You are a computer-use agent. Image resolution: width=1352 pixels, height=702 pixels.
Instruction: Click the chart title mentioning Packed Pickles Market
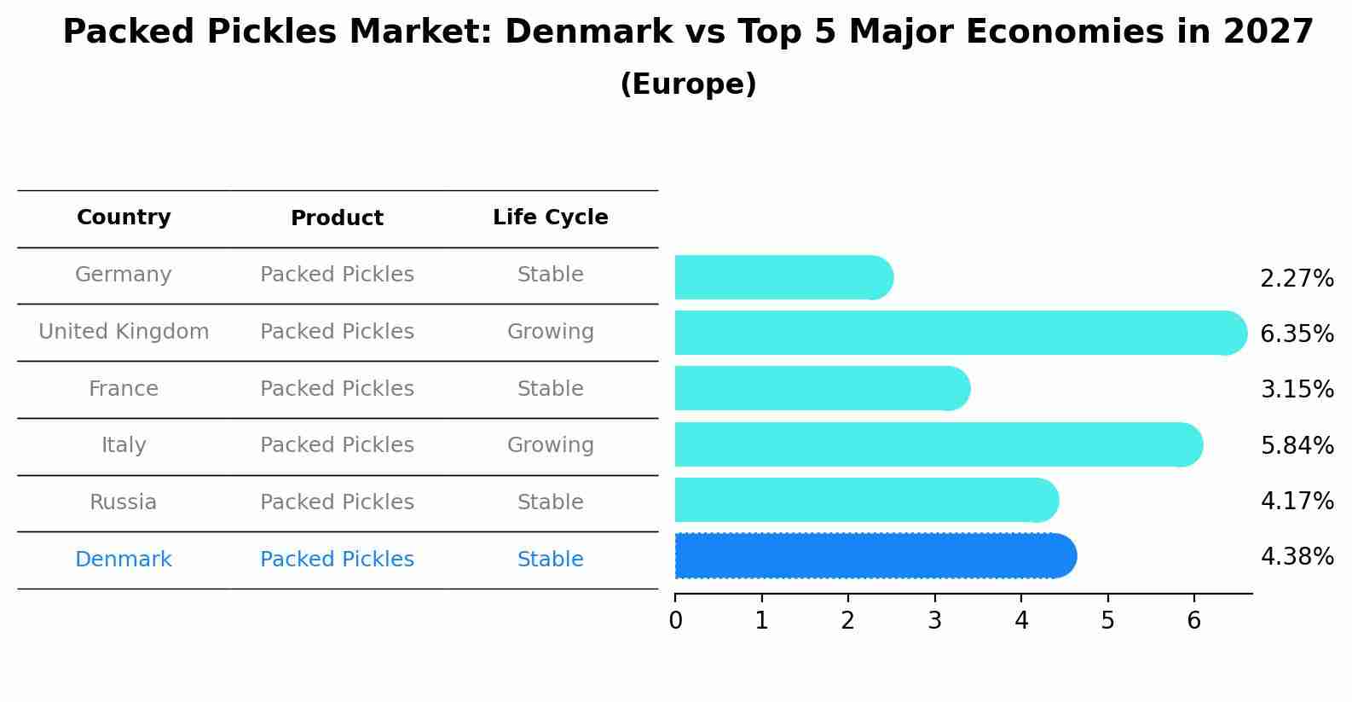(x=688, y=32)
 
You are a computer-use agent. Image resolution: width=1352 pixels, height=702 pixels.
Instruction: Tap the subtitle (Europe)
(x=688, y=84)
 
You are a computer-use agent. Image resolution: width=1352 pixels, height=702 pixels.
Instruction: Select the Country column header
(x=124, y=218)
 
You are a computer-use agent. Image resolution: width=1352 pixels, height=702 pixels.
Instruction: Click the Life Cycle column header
(x=550, y=218)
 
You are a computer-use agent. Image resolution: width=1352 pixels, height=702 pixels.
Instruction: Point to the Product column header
(x=337, y=218)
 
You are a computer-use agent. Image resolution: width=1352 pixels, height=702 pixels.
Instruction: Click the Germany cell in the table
(x=124, y=275)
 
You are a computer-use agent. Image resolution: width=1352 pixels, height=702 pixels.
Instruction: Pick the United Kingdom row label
(x=124, y=332)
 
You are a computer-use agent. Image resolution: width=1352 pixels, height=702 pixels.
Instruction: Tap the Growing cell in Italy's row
(x=550, y=445)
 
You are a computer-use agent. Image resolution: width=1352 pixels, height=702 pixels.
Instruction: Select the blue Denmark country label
(x=124, y=560)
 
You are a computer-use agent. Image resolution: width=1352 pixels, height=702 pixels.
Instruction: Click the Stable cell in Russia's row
(x=550, y=502)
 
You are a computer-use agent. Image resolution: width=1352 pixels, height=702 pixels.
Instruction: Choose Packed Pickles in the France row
(x=337, y=389)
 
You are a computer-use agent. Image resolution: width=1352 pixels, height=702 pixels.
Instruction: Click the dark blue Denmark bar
(x=874, y=556)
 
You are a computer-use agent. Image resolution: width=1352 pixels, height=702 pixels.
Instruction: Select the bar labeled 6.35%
(x=959, y=333)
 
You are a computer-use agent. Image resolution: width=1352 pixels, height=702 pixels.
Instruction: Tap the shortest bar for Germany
(x=783, y=277)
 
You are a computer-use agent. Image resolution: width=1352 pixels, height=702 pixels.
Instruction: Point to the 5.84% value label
(x=1297, y=445)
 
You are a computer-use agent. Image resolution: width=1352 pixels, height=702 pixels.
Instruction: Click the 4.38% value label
(x=1297, y=557)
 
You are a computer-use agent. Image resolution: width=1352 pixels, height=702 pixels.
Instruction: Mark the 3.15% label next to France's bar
(x=1297, y=390)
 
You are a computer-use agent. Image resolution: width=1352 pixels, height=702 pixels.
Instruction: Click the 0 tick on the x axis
(x=675, y=621)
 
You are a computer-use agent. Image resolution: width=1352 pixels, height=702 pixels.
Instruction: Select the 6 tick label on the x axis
(x=1193, y=621)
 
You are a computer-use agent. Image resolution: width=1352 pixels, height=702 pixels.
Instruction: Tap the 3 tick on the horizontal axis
(x=934, y=621)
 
